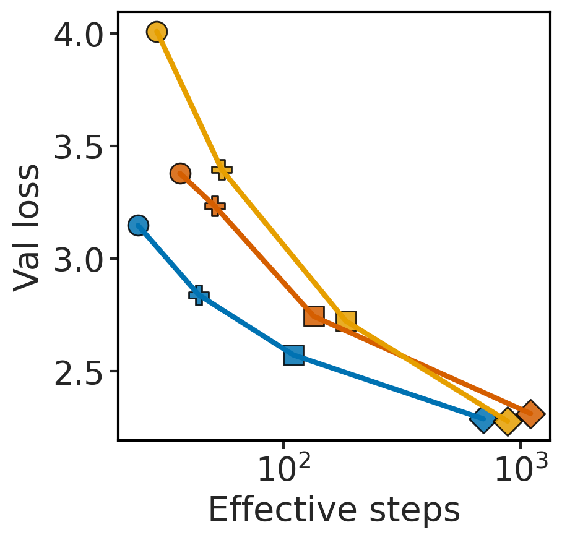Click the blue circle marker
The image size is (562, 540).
tap(138, 225)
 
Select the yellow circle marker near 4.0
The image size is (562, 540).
tap(157, 32)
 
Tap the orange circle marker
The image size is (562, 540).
tap(180, 173)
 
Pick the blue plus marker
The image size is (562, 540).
tap(199, 296)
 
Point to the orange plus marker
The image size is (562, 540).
tap(215, 206)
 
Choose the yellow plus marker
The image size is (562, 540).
tap(222, 169)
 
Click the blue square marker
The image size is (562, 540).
tap(293, 356)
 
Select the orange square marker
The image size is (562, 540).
tap(314, 316)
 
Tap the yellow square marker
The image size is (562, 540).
tap(346, 321)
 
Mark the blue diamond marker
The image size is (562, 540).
tap(482, 419)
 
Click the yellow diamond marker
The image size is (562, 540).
tap(508, 421)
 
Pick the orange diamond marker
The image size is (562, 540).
tap(530, 414)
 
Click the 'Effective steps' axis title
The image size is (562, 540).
tap(334, 511)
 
